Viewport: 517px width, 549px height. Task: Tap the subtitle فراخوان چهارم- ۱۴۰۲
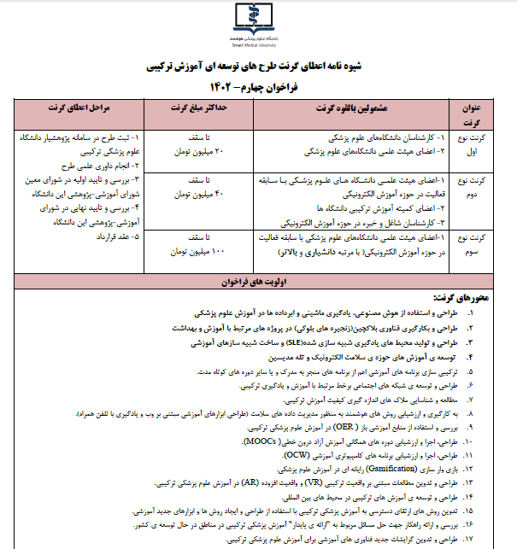point(258,87)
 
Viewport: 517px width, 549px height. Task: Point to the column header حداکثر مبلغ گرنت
point(185,109)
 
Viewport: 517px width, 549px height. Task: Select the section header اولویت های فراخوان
point(258,279)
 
